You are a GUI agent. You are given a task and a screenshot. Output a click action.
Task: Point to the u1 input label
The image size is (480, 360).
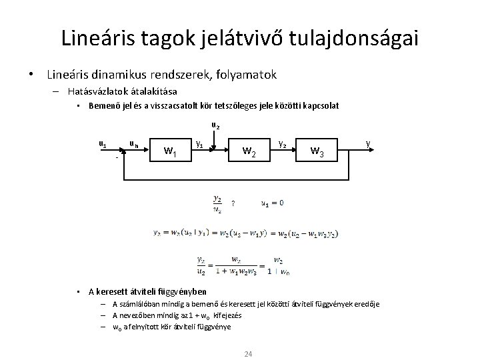point(102,143)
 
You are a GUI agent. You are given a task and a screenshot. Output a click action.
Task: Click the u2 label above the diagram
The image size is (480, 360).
point(216,125)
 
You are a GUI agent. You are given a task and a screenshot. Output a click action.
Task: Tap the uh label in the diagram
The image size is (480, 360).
point(133,143)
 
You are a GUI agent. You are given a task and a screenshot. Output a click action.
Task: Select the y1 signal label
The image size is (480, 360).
point(199,143)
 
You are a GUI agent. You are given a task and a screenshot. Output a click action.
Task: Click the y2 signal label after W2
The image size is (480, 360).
point(283,143)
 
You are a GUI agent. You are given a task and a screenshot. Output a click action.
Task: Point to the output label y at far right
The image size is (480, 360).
point(368,143)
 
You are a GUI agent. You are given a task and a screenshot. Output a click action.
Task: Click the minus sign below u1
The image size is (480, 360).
point(117,159)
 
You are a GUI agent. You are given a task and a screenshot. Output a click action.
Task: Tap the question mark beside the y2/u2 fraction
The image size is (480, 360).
point(233,203)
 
